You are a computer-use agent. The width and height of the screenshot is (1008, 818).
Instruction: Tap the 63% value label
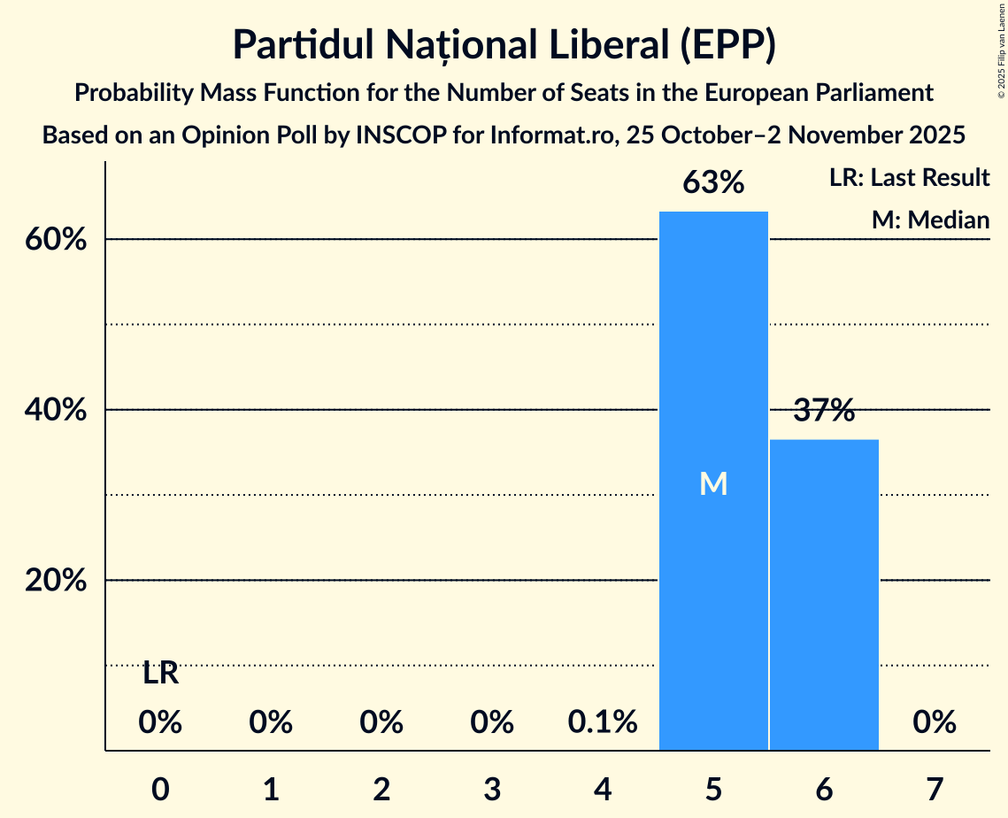(713, 183)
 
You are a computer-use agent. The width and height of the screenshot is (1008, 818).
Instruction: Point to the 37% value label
(824, 411)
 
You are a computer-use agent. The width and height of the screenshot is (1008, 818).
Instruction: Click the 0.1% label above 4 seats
(603, 723)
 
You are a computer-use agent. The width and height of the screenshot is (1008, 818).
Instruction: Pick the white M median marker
(713, 483)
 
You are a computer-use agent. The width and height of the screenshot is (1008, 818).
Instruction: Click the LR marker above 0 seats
(160, 674)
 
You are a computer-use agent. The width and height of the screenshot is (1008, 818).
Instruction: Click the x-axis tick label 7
(935, 789)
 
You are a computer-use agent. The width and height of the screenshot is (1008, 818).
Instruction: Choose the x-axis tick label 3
(492, 789)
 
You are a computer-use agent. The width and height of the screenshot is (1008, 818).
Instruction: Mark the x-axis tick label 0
(160, 789)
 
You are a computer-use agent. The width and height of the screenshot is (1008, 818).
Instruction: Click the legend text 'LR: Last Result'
(909, 178)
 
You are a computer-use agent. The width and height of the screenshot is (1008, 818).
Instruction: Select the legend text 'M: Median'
(930, 220)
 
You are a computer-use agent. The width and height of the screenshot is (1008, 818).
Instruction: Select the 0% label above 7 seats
(935, 723)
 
